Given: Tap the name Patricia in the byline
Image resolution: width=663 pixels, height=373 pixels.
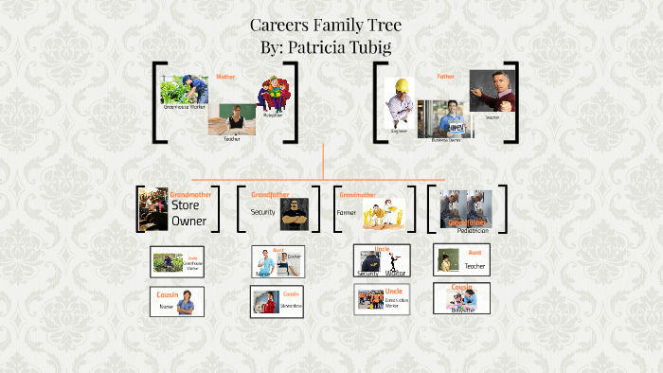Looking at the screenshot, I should (x=321, y=45).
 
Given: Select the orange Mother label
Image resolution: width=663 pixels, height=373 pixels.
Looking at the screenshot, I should (x=225, y=76).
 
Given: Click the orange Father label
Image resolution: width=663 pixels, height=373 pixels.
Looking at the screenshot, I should (x=445, y=76).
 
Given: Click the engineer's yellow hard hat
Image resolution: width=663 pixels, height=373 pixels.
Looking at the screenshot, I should (x=402, y=83).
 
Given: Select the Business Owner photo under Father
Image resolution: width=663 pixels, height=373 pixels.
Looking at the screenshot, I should (x=445, y=118).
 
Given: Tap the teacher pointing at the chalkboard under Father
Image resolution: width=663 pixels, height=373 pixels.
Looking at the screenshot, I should (x=491, y=93).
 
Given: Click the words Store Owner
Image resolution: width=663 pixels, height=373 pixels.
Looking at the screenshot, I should (x=188, y=213).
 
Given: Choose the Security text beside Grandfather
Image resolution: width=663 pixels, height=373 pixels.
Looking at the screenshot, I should (x=262, y=212).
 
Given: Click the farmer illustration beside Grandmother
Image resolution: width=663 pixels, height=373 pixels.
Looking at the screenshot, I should (x=386, y=215).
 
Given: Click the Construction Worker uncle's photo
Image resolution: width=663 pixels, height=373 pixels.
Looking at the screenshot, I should (x=369, y=300).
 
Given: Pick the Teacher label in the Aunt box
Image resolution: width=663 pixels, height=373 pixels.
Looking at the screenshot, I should (x=475, y=266).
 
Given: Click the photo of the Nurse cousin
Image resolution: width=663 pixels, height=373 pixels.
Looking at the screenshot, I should (x=187, y=301).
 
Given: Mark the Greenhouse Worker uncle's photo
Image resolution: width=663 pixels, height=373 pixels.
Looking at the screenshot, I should (x=169, y=262).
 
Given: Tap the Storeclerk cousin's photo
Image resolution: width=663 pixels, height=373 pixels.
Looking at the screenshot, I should (x=264, y=302).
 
